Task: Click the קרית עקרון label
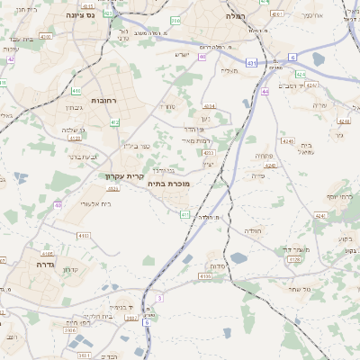[x=124, y=175]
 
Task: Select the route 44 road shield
[x=265, y=92]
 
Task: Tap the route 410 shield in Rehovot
[x=77, y=91]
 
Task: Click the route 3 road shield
[x=158, y=297]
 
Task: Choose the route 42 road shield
[x=11, y=59]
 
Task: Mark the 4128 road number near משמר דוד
[x=293, y=259]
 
